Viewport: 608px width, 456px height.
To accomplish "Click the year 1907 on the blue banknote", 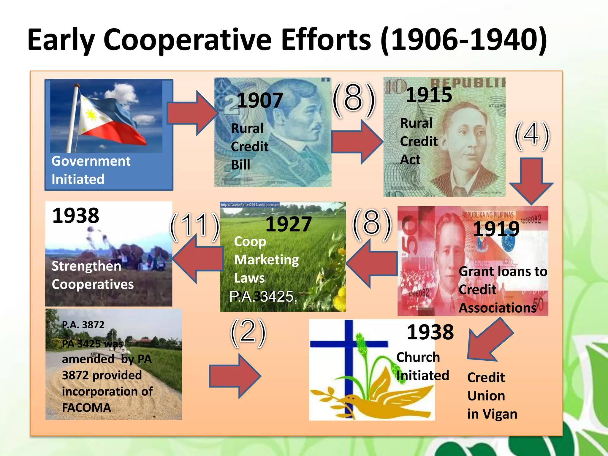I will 259,100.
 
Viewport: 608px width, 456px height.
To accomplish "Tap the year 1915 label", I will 429,95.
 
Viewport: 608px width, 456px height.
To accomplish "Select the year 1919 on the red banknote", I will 496,229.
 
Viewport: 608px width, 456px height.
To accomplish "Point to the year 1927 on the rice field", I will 288,224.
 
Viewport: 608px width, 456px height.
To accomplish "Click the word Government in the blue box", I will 91,161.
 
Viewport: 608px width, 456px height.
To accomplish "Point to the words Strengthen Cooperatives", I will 92,275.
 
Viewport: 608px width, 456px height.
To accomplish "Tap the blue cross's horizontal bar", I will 349,344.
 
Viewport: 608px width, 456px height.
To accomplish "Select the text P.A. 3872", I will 83,325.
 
